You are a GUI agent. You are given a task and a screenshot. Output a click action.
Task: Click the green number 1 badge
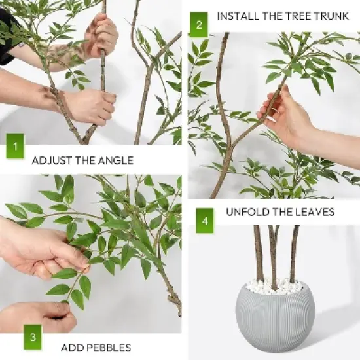point(14,145)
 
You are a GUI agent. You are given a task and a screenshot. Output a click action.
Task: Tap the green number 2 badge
point(199,24)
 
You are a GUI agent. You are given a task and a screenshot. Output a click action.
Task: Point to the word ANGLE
point(116,160)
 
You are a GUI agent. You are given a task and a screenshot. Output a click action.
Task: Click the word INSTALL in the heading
point(236,16)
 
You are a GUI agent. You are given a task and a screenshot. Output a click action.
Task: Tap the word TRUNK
point(331,16)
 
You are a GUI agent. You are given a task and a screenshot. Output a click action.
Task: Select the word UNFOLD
point(247,212)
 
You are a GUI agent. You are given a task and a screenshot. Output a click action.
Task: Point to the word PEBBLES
point(108,348)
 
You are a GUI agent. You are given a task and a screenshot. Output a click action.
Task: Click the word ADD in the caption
point(71,348)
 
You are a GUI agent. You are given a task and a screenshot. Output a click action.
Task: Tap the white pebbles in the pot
point(275,287)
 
